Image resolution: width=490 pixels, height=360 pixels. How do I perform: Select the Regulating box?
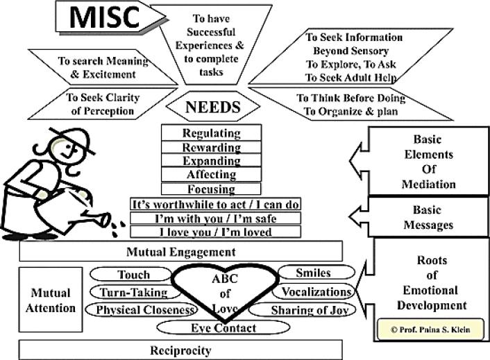click(x=210, y=132)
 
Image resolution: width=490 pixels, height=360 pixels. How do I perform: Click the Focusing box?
click(x=210, y=188)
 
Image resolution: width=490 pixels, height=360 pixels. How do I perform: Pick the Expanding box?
click(x=210, y=160)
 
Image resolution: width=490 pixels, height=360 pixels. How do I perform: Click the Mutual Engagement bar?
click(x=180, y=251)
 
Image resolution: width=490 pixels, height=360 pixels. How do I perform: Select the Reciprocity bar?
click(x=180, y=350)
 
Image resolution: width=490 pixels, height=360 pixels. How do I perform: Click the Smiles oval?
click(x=313, y=273)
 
